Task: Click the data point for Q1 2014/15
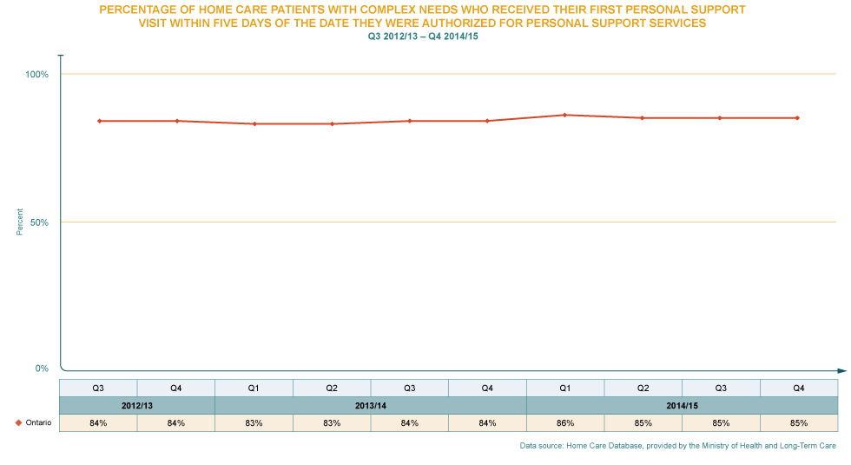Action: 564,115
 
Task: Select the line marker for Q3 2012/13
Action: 99,121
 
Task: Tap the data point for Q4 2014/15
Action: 797,117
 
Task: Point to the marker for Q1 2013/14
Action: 254,123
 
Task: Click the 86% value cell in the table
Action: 564,423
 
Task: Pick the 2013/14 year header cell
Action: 371,406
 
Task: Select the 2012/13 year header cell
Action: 137,406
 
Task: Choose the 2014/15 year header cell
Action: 682,406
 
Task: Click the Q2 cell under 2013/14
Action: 332,388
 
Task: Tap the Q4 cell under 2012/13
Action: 176,388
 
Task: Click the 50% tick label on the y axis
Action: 38,223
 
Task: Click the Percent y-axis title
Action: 19,223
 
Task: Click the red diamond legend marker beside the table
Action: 18,423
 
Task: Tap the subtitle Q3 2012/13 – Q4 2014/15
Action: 424,37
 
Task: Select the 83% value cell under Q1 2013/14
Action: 254,423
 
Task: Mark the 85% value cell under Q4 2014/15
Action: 798,423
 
